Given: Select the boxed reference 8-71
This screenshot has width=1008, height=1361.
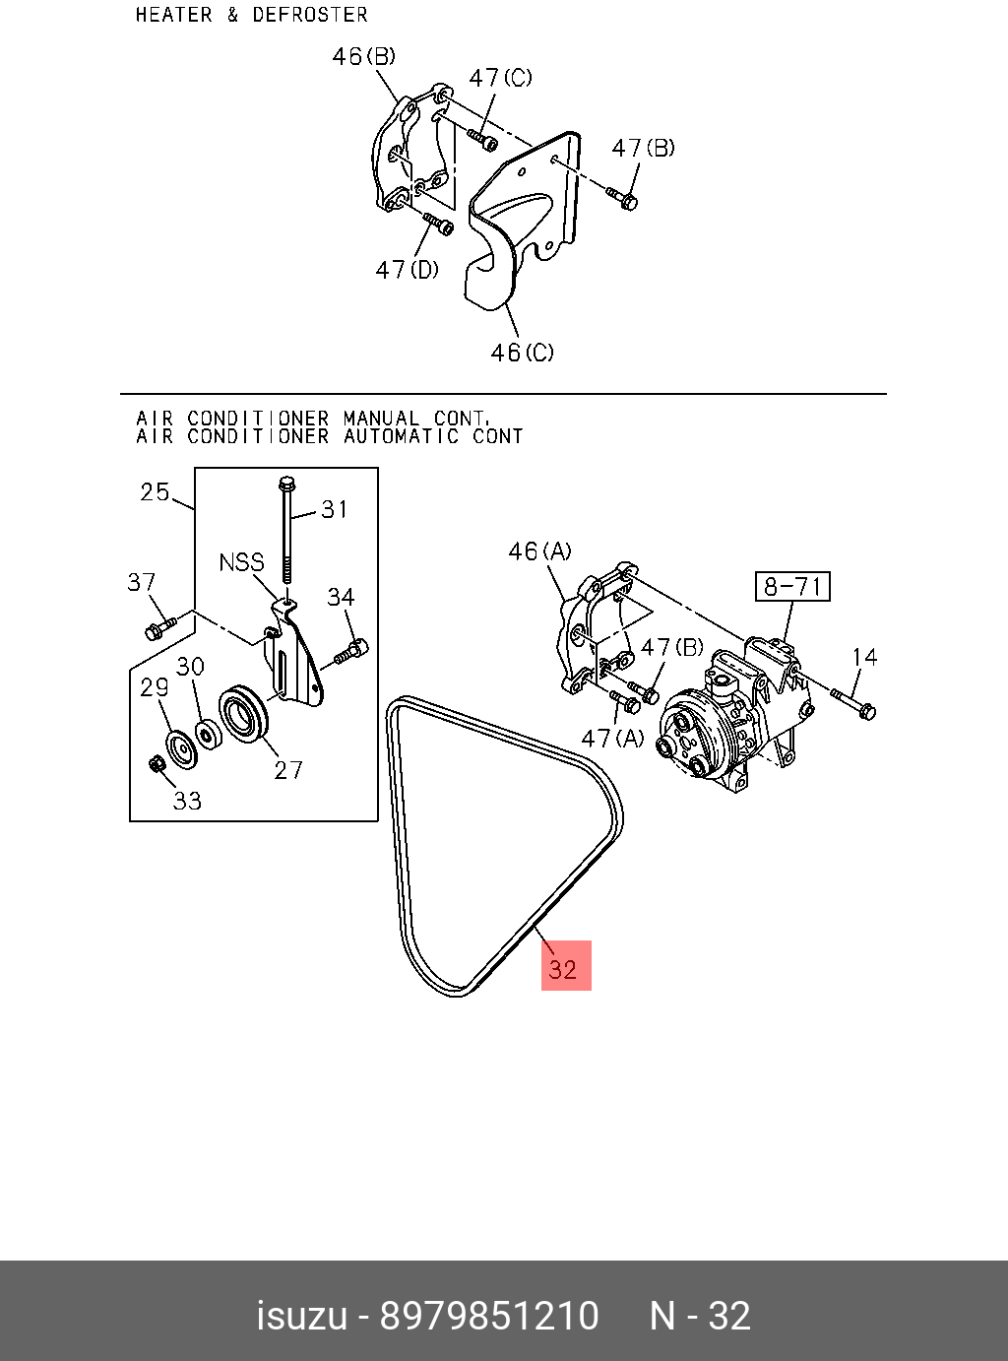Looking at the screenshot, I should tap(792, 587).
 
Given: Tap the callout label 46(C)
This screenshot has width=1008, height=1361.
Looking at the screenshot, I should tap(522, 352).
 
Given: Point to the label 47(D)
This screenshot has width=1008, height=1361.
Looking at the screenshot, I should tap(407, 269).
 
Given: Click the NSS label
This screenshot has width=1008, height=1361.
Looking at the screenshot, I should tap(241, 562).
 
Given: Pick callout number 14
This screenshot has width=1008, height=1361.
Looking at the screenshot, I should tap(863, 657).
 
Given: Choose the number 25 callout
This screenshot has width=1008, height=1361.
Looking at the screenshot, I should tap(155, 491).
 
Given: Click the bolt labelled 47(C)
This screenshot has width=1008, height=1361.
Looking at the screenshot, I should tap(483, 139).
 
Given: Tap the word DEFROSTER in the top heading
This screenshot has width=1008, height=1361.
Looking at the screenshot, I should tap(309, 15).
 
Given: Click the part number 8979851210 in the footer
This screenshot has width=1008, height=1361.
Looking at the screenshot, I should tap(489, 1316).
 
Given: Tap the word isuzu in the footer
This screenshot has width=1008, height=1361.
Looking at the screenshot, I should tap(301, 1316).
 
